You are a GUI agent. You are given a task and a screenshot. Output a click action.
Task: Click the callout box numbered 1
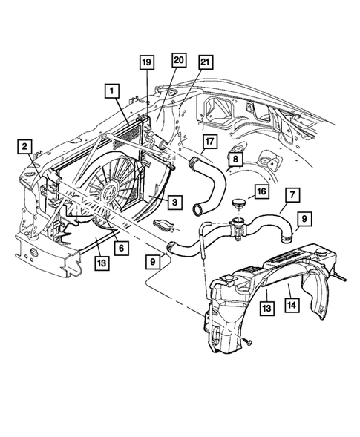[x=112, y=91]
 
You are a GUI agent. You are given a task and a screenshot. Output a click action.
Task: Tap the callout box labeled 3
[x=172, y=201]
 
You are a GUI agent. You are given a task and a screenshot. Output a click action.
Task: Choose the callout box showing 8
[x=235, y=158]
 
